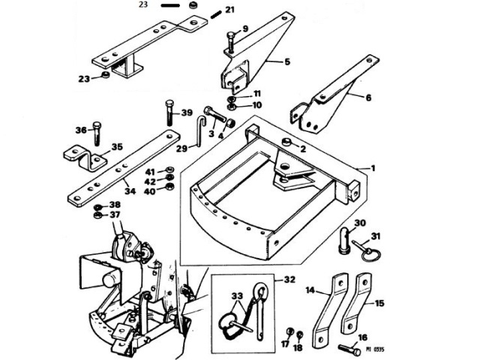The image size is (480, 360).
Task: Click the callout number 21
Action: (229, 10)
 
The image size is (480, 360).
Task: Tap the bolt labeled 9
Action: (230, 43)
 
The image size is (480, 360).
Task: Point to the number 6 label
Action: (368, 97)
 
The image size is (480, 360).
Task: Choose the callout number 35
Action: (116, 148)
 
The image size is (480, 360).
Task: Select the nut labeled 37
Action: (98, 217)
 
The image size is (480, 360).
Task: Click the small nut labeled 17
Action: (289, 331)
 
